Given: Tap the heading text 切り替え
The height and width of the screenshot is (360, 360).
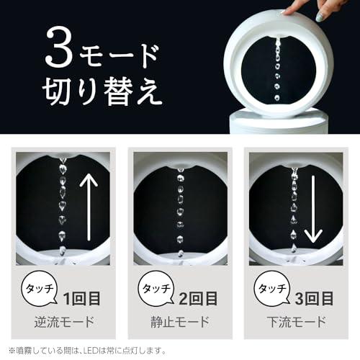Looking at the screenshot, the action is [102, 91].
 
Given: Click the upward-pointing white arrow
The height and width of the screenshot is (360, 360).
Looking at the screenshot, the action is [89, 207].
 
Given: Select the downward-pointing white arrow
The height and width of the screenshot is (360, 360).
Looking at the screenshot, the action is [313, 210].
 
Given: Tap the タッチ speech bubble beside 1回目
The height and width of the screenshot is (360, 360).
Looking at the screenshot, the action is [40, 289].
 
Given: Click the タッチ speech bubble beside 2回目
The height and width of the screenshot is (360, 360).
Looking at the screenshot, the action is [156, 289].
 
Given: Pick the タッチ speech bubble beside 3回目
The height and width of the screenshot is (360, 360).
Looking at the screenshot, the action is [272, 289].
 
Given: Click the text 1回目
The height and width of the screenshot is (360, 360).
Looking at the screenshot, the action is [81, 299].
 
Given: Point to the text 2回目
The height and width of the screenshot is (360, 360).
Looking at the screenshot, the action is [198, 299].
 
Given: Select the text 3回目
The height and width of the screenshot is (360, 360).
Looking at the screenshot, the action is [314, 299].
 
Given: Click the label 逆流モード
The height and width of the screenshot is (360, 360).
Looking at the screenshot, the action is [64, 322].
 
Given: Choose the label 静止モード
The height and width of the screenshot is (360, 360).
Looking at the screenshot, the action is [180, 322].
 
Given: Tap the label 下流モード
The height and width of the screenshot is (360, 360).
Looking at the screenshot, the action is [297, 322].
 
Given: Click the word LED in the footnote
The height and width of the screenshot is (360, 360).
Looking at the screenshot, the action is [90, 351].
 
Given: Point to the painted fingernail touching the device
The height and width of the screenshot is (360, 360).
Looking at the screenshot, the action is [322, 17].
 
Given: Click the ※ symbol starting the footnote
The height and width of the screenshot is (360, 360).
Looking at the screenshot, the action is [12, 351].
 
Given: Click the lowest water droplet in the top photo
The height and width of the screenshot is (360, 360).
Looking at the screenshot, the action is [277, 97].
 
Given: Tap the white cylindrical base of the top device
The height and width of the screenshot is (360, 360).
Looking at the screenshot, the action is [279, 122].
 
